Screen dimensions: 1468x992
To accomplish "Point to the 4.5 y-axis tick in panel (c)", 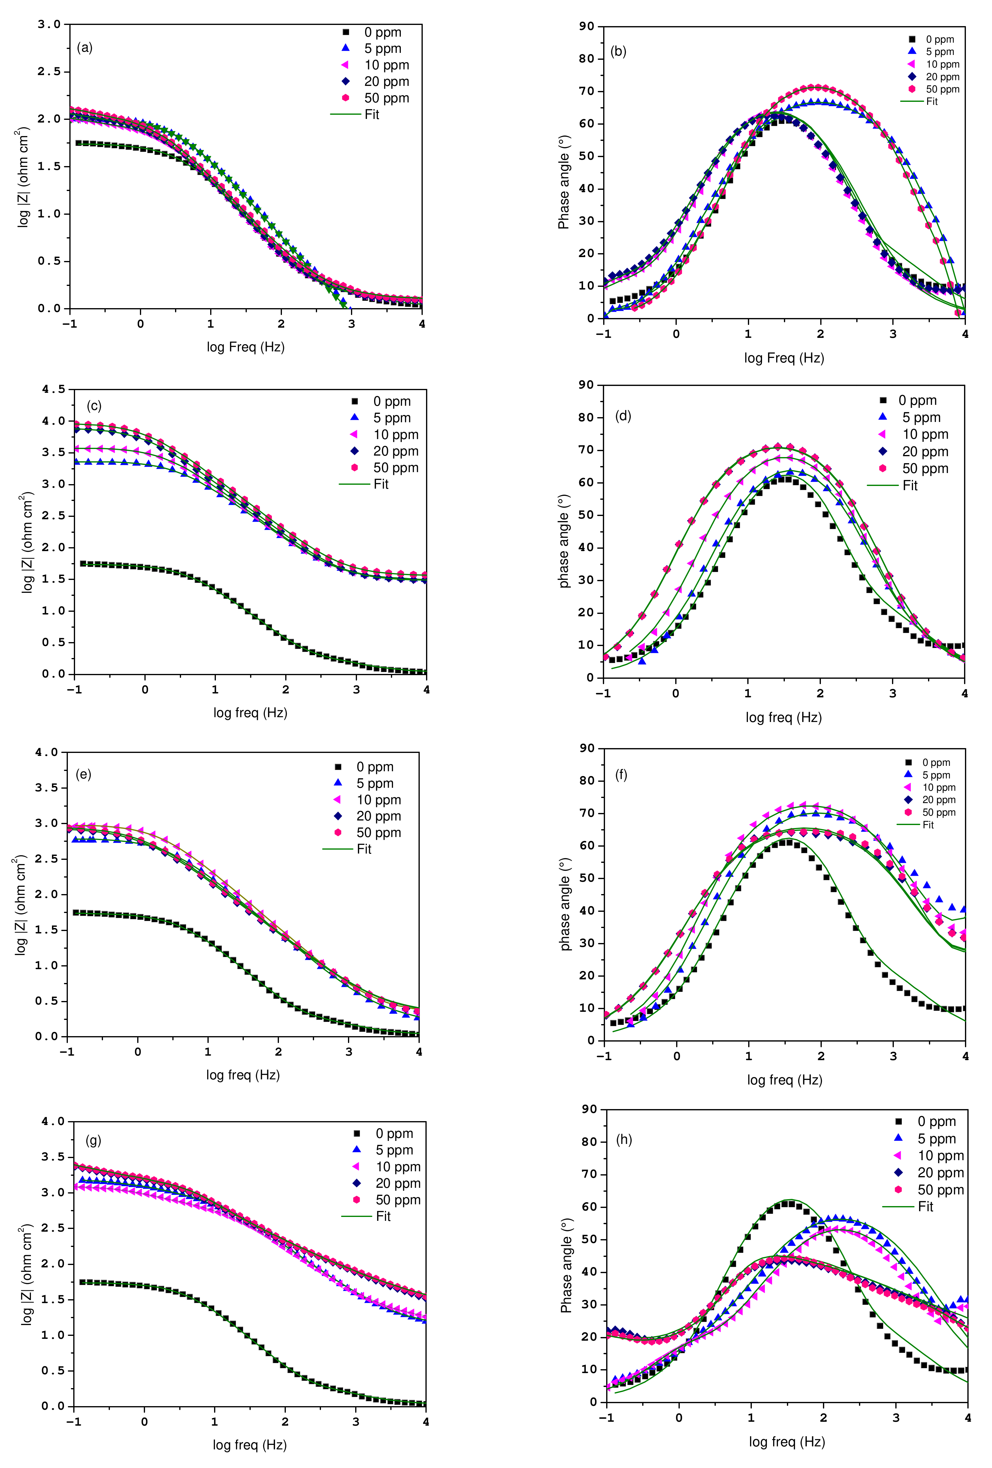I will point(54,389).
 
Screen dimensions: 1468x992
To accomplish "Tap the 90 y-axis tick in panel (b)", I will point(587,26).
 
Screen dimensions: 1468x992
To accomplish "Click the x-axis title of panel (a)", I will point(246,347).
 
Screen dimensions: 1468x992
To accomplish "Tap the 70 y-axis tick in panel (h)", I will point(588,1174).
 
